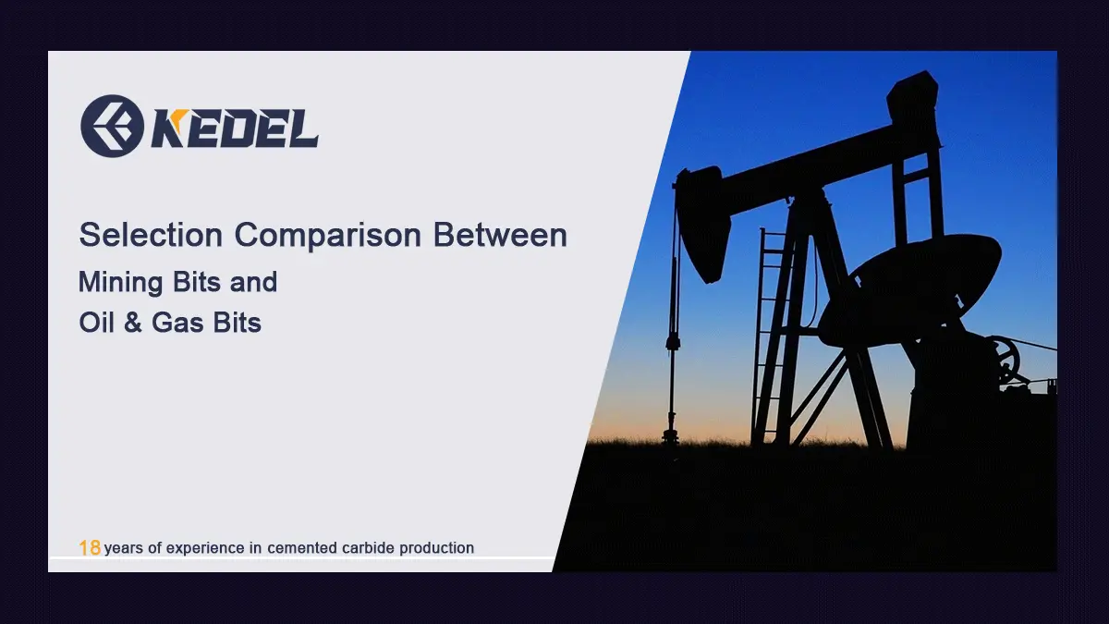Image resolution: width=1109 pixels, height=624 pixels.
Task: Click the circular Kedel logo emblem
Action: tap(111, 126)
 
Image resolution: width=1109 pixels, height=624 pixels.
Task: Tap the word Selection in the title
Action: tap(151, 235)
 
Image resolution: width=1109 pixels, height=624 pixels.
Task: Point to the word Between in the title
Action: tap(500, 235)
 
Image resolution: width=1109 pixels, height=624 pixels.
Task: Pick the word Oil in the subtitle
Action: tap(96, 323)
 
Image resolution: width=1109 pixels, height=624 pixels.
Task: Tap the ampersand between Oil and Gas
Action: tap(135, 323)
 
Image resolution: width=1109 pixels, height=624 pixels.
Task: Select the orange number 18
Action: tap(90, 548)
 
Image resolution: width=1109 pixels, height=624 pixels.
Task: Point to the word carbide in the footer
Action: tap(365, 548)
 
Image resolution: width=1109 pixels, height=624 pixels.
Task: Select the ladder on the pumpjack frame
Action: tap(770, 333)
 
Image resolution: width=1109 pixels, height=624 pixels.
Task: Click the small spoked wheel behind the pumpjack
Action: tap(1002, 359)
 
